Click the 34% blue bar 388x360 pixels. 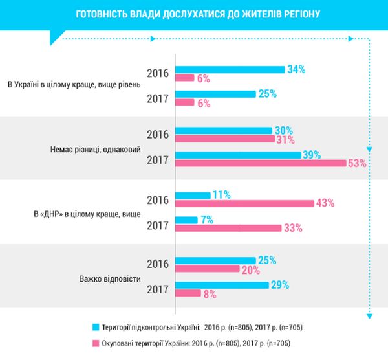point(230,69)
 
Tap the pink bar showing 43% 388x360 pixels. point(244,203)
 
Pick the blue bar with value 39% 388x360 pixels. point(238,154)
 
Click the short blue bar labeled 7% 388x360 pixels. point(186,219)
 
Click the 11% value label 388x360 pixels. point(222,195)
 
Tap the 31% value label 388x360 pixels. point(285,139)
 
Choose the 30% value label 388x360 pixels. point(283,130)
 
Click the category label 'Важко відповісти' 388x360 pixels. point(109,280)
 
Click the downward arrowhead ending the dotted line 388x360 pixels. point(369,316)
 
